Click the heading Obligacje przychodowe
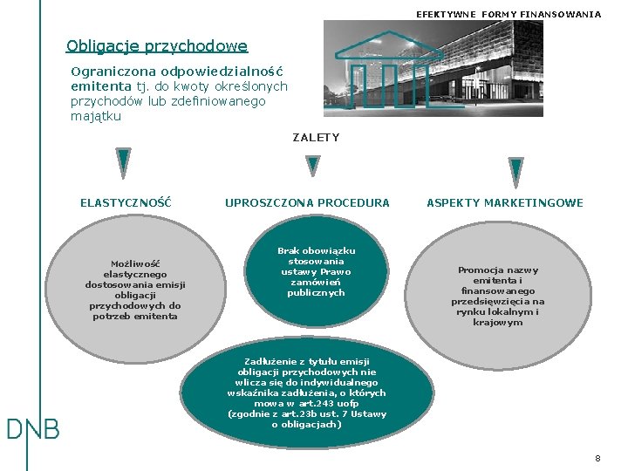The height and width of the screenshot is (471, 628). tap(157, 46)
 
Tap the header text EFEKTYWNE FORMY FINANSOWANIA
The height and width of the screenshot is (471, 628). tap(509, 14)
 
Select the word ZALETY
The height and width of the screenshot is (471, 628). tap(316, 137)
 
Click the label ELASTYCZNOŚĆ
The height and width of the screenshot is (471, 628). tap(126, 203)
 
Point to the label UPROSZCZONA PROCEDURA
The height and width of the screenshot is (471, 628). tap(307, 203)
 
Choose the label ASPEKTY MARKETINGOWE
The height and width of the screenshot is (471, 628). tap(505, 203)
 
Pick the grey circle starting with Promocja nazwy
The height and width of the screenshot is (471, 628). tap(498, 296)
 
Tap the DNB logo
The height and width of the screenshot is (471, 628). tap(32, 429)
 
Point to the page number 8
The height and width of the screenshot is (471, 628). tap(597, 458)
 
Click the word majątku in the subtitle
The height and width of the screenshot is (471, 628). tap(96, 116)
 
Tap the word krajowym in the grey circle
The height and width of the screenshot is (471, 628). tap(498, 323)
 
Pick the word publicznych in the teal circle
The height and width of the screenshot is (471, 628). tap(317, 293)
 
